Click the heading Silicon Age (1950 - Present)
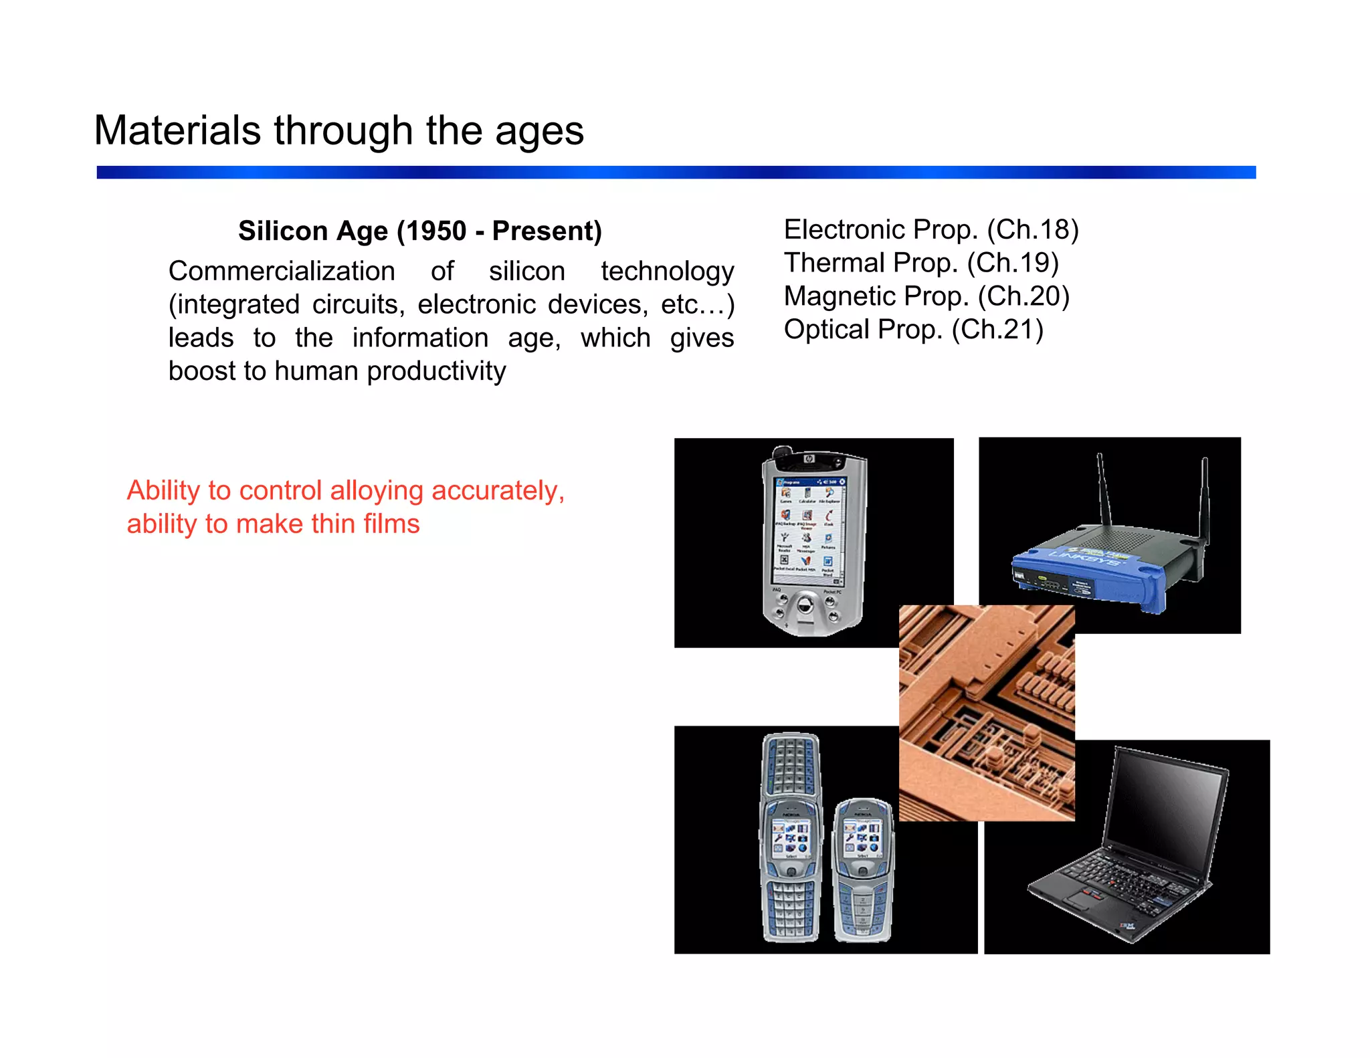pos(420,231)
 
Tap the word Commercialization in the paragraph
pos(282,271)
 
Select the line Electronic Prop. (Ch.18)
pos(931,229)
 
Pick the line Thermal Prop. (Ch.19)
pos(921,262)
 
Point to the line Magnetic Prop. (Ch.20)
pos(926,296)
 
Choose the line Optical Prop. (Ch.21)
pos(913,329)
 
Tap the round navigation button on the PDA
pos(805,607)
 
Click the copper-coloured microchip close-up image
pos(987,712)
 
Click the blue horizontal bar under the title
pos(676,173)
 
